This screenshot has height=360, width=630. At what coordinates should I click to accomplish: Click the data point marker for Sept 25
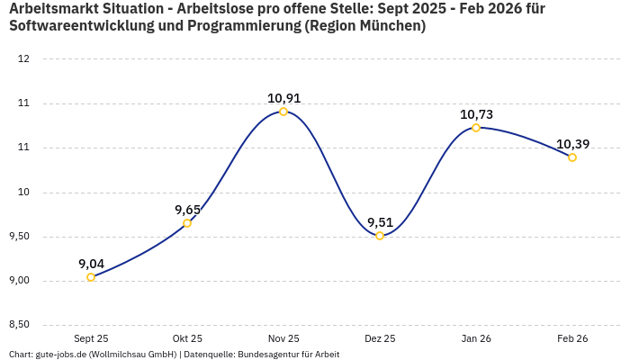(91, 277)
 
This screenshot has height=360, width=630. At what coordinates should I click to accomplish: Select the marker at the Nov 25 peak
(283, 112)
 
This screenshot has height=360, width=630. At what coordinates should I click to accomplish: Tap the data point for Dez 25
(380, 236)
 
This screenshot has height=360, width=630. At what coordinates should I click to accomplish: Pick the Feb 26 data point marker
(572, 157)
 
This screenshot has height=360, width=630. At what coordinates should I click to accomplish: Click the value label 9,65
(187, 210)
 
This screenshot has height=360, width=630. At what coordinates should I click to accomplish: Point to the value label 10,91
(283, 98)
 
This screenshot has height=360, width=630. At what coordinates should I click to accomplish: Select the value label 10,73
(476, 114)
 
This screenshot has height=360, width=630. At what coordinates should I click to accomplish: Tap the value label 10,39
(572, 144)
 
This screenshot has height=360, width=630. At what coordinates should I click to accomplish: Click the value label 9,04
(91, 264)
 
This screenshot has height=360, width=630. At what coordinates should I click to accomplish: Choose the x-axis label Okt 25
(187, 338)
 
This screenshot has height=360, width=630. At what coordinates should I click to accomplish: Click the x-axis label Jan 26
(476, 338)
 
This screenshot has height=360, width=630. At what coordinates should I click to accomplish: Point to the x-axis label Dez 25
(380, 338)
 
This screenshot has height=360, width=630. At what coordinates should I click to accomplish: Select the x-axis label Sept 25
(91, 338)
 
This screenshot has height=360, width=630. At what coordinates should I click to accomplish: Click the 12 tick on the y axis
(24, 59)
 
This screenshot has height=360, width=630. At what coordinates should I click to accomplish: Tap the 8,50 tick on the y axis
(19, 324)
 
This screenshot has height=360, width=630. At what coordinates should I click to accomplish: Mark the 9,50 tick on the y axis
(19, 236)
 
